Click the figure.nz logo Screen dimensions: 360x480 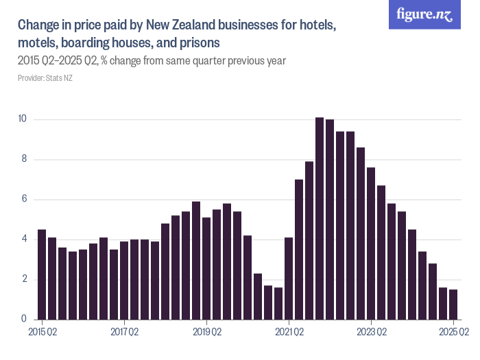tap(424, 15)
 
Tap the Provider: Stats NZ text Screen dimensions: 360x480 tap(45, 78)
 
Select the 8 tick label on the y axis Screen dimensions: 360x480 tap(23, 159)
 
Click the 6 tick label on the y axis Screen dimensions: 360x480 tap(23, 200)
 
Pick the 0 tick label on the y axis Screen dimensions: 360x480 tap(23, 319)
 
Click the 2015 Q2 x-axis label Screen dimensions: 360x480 tap(42, 333)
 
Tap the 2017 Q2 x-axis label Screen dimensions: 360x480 tap(124, 333)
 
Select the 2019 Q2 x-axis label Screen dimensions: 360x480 tap(206, 333)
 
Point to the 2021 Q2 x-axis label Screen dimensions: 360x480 tap(289, 333)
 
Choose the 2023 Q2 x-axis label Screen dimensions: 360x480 tap(371, 333)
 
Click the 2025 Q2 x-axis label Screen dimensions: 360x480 tap(453, 333)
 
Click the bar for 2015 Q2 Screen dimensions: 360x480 tap(42, 274)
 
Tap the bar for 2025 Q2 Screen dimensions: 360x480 tap(453, 304)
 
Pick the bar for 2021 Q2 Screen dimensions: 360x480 tap(289, 278)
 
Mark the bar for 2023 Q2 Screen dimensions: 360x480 tap(371, 243)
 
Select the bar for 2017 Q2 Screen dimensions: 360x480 tap(124, 280)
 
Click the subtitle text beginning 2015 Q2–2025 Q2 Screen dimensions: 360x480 tap(151, 61)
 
